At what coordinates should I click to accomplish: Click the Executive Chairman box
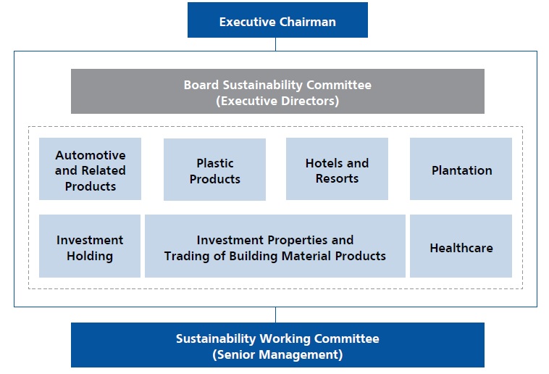click(277, 20)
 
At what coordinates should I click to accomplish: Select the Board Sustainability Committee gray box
click(277, 91)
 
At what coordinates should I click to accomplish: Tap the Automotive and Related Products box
click(90, 169)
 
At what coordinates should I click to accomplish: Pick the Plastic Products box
click(214, 170)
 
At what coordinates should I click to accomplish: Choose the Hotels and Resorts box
click(337, 169)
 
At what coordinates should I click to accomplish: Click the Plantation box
click(461, 169)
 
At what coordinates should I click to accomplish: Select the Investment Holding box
click(90, 246)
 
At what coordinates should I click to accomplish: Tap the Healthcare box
click(461, 246)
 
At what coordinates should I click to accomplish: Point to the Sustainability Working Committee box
click(277, 345)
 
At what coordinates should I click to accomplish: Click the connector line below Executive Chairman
click(275, 44)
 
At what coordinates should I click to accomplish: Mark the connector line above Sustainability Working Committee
click(275, 315)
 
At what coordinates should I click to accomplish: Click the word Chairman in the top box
click(307, 22)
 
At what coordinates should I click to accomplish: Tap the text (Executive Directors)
click(277, 101)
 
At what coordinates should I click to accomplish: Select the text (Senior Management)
click(277, 354)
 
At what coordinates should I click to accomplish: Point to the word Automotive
click(91, 155)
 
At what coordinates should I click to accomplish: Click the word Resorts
click(338, 178)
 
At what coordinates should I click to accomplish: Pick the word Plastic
click(215, 163)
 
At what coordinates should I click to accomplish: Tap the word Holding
click(90, 256)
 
